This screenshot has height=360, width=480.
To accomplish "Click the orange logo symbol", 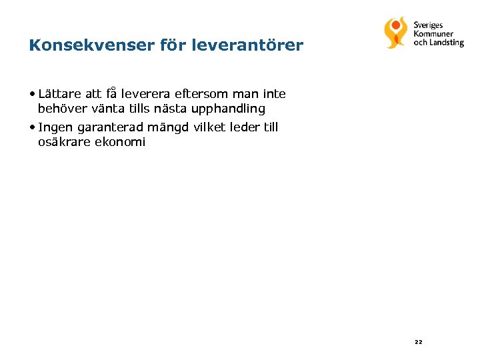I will (395, 32).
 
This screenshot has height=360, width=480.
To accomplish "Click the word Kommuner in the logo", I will (433, 34).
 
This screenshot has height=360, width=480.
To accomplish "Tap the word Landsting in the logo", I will (447, 43).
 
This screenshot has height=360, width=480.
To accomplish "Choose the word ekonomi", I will (121, 142).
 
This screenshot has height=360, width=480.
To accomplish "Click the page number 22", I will (418, 342).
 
